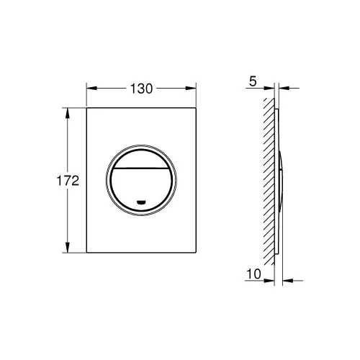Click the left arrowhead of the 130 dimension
click(90, 89)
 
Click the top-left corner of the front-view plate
click(87, 109)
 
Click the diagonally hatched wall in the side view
click(268, 180)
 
